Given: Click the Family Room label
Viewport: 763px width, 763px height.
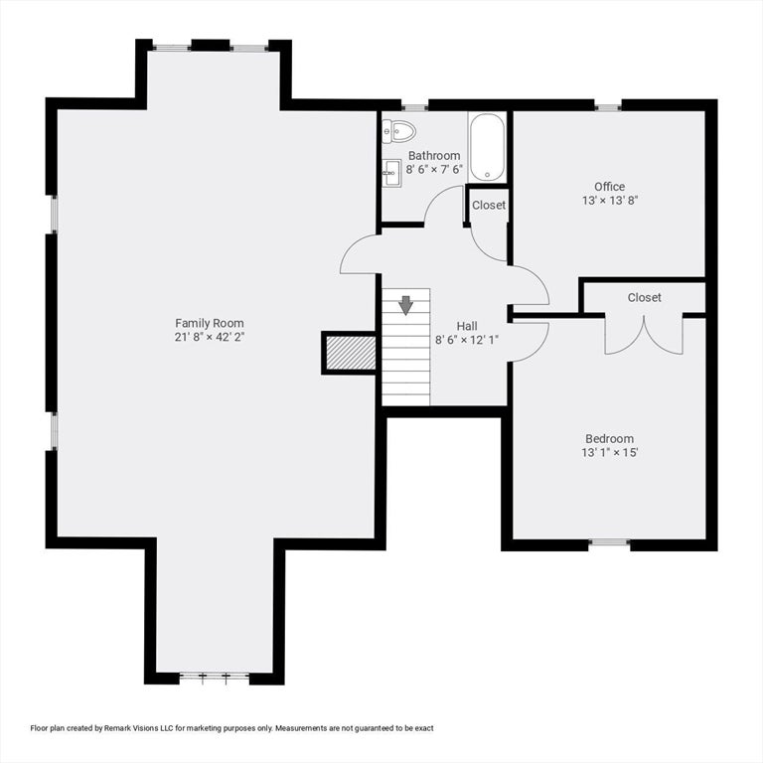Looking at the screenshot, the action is click(210, 323).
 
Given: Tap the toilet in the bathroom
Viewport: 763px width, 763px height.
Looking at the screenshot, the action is click(398, 131).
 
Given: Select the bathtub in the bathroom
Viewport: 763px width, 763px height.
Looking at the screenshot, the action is click(487, 147).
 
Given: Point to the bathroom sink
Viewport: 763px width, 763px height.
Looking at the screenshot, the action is click(391, 173).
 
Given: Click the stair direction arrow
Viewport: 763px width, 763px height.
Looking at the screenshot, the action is click(405, 305).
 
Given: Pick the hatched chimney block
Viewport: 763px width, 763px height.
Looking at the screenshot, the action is click(351, 353).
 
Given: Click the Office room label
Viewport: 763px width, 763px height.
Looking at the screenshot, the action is click(609, 187).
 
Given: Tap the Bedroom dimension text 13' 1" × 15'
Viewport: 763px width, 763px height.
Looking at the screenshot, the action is click(609, 453).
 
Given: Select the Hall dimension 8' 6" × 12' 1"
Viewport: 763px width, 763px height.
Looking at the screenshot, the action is click(467, 340).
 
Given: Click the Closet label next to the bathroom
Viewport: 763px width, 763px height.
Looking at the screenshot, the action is click(489, 206).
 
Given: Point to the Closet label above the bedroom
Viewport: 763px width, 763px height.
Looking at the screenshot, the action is click(644, 297).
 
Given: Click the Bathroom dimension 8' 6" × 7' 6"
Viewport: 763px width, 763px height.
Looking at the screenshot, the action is click(434, 169).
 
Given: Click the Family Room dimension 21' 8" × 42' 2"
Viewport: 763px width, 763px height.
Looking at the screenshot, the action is click(210, 337).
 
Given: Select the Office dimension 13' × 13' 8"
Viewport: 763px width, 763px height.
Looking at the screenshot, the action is click(610, 200).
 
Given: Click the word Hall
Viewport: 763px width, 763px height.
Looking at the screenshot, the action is click(467, 326).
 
